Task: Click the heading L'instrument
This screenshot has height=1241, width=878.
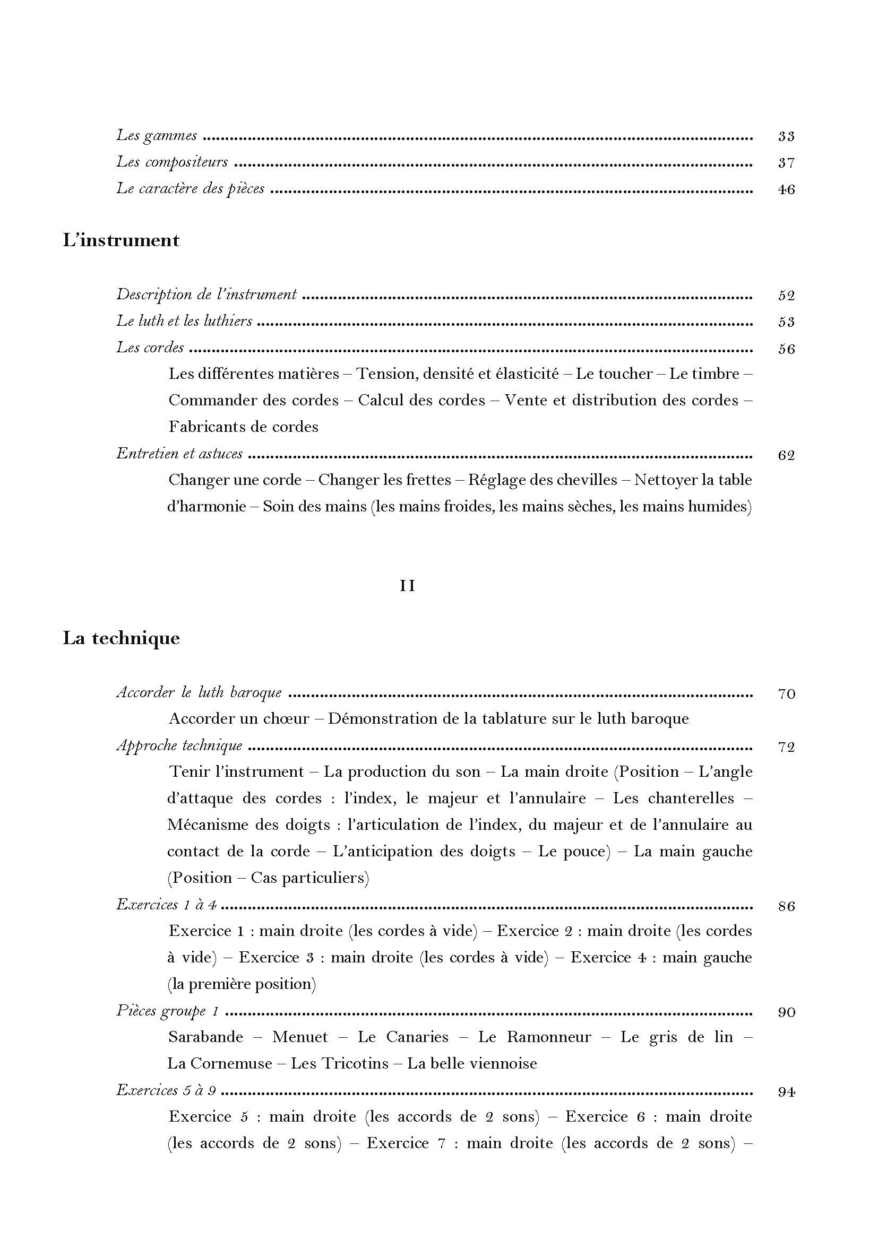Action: click(x=121, y=240)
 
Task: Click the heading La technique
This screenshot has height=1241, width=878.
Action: click(x=121, y=638)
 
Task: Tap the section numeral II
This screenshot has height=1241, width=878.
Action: click(x=407, y=586)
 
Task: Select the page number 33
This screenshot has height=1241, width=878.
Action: click(x=786, y=136)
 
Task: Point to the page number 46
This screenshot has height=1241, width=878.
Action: click(x=786, y=190)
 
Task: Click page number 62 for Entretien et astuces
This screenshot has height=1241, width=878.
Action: click(x=786, y=455)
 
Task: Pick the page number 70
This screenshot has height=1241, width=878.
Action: click(x=786, y=694)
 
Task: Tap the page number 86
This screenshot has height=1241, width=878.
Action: click(x=786, y=906)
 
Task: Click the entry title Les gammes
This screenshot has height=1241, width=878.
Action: click(x=157, y=136)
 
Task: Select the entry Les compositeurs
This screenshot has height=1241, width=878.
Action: click(x=172, y=162)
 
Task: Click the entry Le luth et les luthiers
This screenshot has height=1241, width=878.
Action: click(x=184, y=321)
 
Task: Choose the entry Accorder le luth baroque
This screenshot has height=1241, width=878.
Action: click(x=199, y=693)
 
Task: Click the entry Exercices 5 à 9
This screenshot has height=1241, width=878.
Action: click(x=166, y=1091)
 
